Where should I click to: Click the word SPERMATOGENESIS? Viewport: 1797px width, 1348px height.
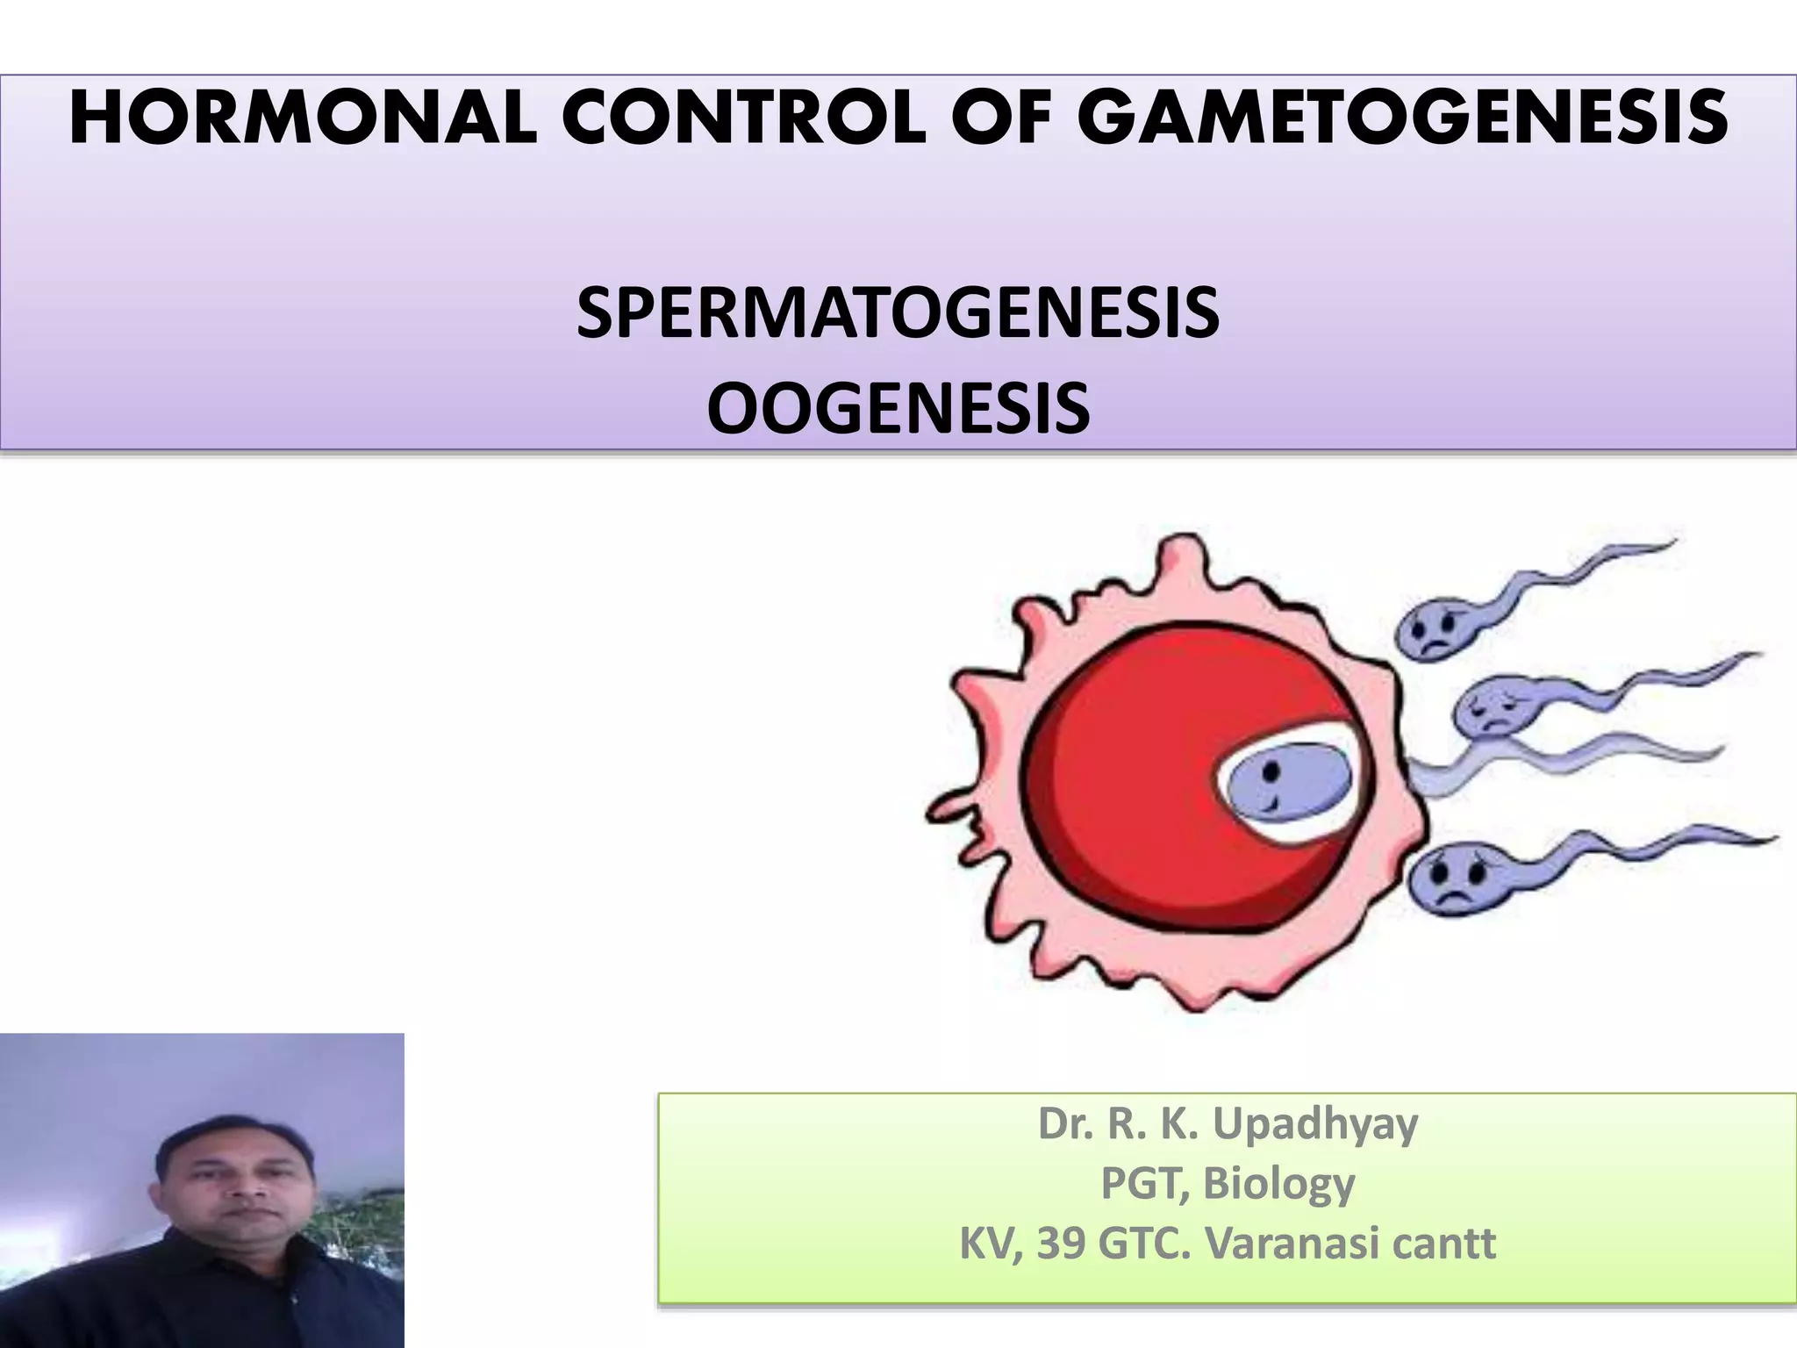pos(898,313)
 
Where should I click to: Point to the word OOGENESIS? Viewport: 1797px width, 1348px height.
pos(898,409)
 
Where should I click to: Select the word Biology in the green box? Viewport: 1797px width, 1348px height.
pos(1278,1183)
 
